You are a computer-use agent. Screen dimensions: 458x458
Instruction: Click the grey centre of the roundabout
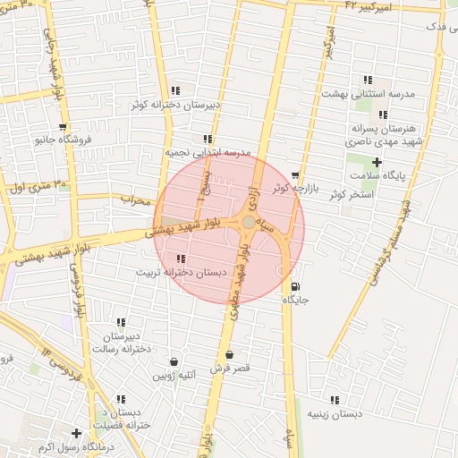pyautogui.click(x=248, y=222)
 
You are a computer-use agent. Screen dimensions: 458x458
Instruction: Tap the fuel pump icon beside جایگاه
pyautogui.click(x=295, y=287)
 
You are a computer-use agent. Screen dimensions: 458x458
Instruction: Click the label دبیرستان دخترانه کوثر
pyautogui.click(x=175, y=105)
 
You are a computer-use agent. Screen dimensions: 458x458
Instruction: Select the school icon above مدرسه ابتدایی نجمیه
pyautogui.click(x=208, y=140)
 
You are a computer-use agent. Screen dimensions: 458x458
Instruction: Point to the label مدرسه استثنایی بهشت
pyautogui.click(x=369, y=94)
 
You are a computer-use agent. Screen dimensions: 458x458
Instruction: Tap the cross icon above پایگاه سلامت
pyautogui.click(x=377, y=162)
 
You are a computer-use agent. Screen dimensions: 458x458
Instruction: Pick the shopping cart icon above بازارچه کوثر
pyautogui.click(x=295, y=175)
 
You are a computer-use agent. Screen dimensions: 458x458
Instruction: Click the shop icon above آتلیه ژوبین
pyautogui.click(x=173, y=361)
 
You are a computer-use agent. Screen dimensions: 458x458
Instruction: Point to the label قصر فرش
pyautogui.click(x=230, y=369)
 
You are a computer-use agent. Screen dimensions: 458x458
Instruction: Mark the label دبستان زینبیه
pyautogui.click(x=335, y=414)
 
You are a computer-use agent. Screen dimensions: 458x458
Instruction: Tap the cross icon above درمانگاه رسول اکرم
pyautogui.click(x=77, y=433)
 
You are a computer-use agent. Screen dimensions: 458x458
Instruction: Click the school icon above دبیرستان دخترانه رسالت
pyautogui.click(x=121, y=322)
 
